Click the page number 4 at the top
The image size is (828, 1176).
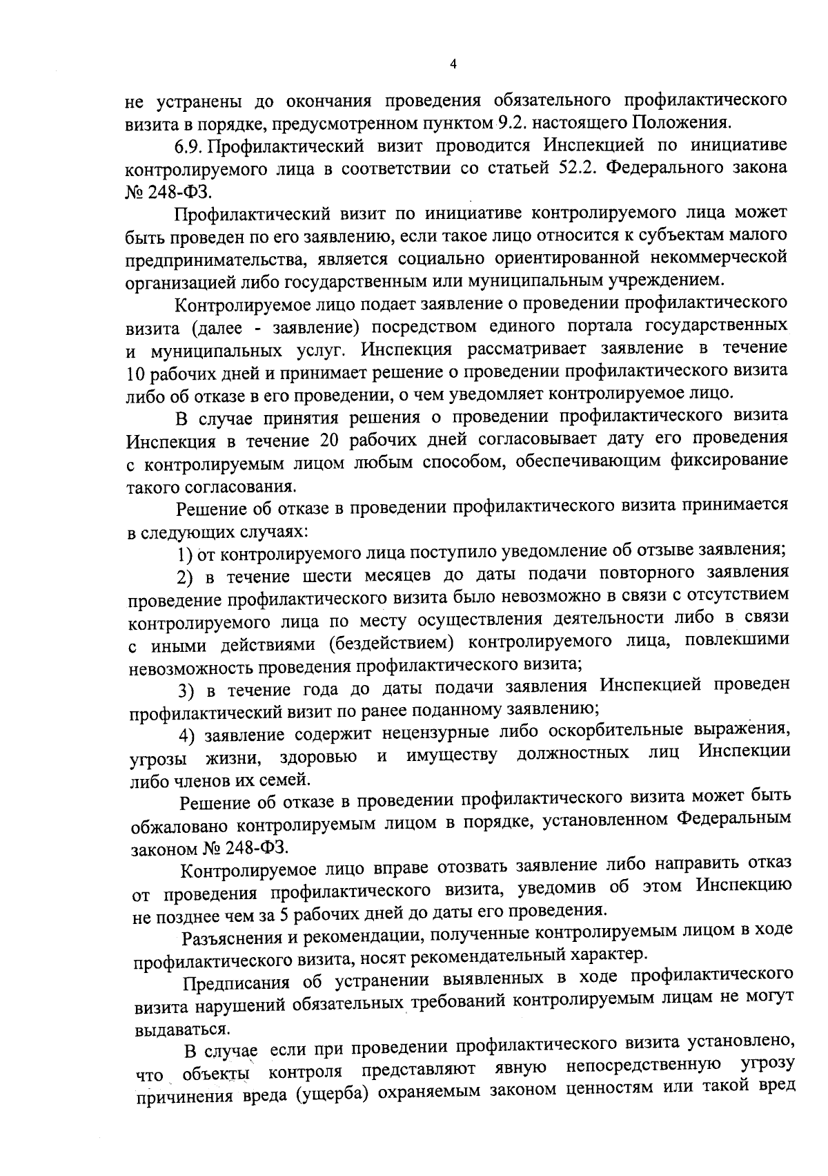pyautogui.click(x=453, y=64)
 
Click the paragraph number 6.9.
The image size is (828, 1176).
pyautogui.click(x=190, y=146)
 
